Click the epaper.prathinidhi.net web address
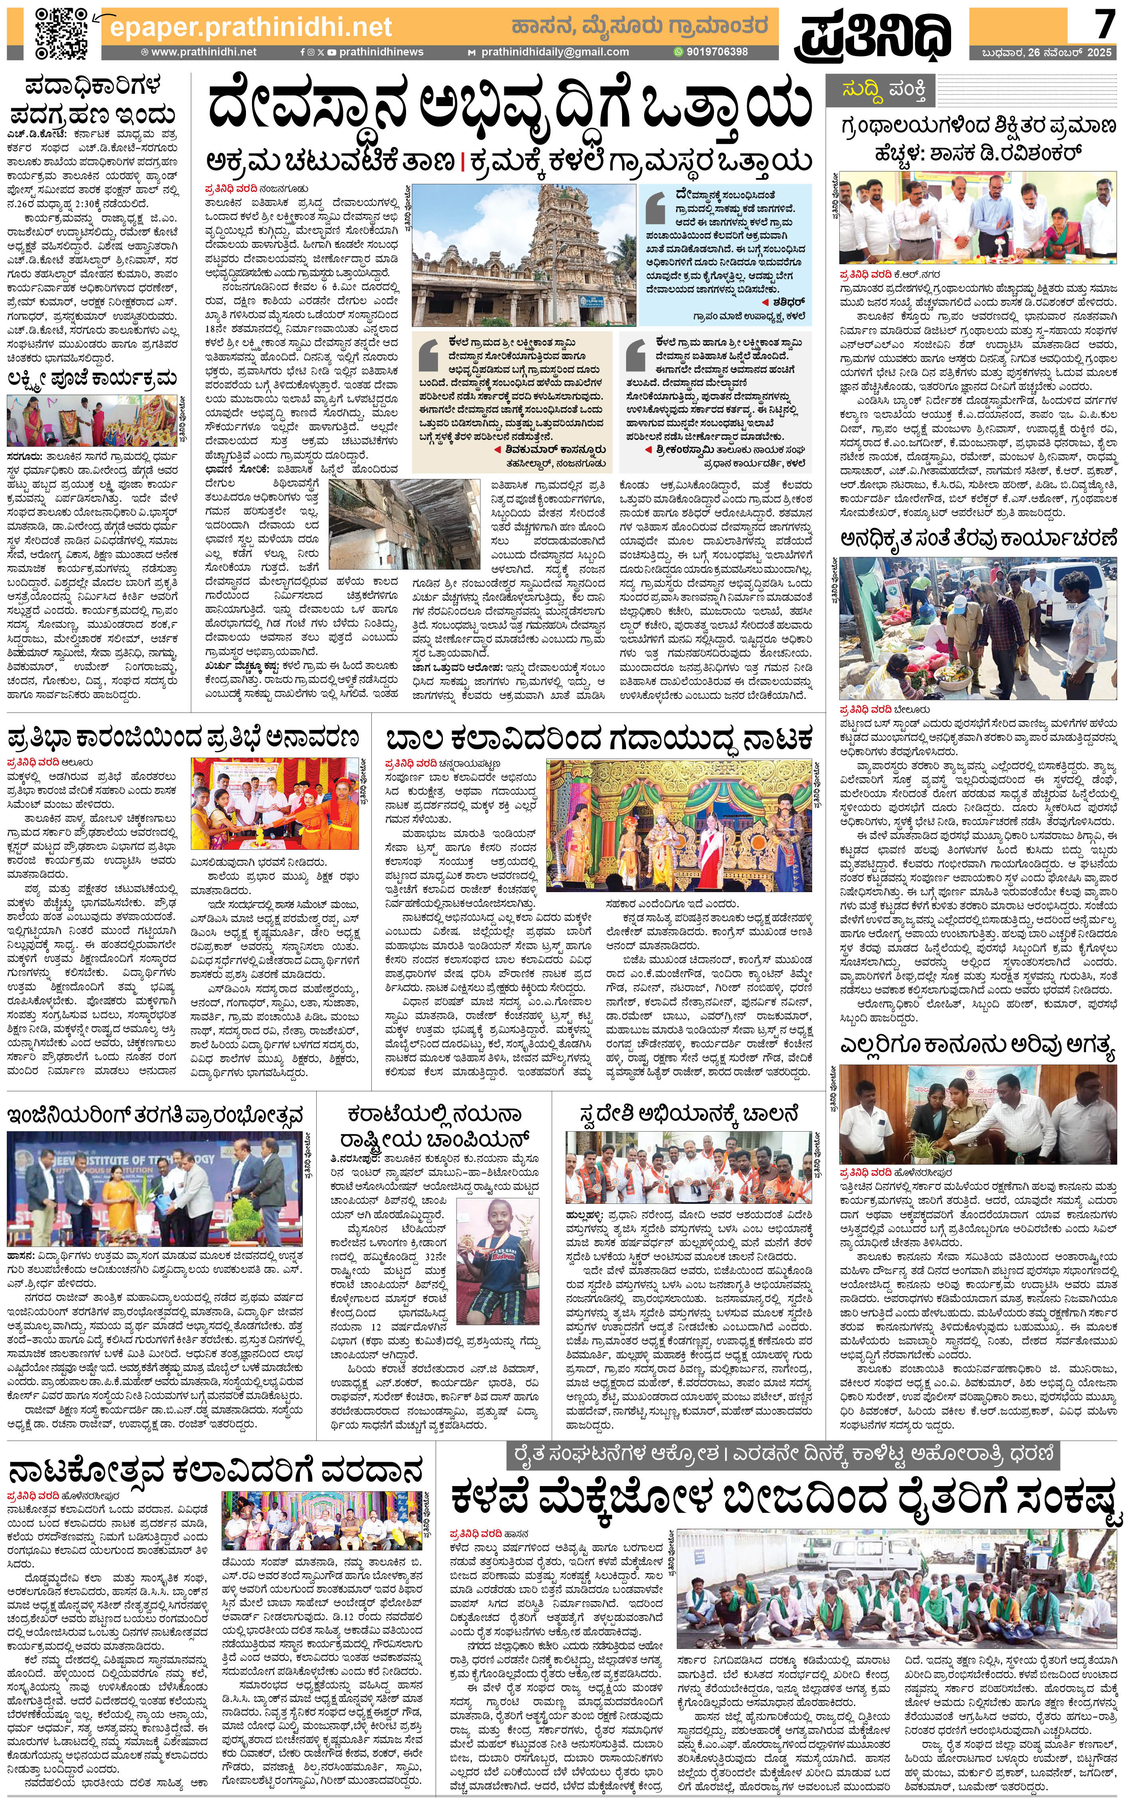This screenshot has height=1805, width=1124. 250,27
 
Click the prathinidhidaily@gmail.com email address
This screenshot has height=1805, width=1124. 554,52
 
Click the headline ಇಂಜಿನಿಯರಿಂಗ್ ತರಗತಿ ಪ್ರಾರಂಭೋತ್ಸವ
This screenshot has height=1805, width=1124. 155,1115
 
